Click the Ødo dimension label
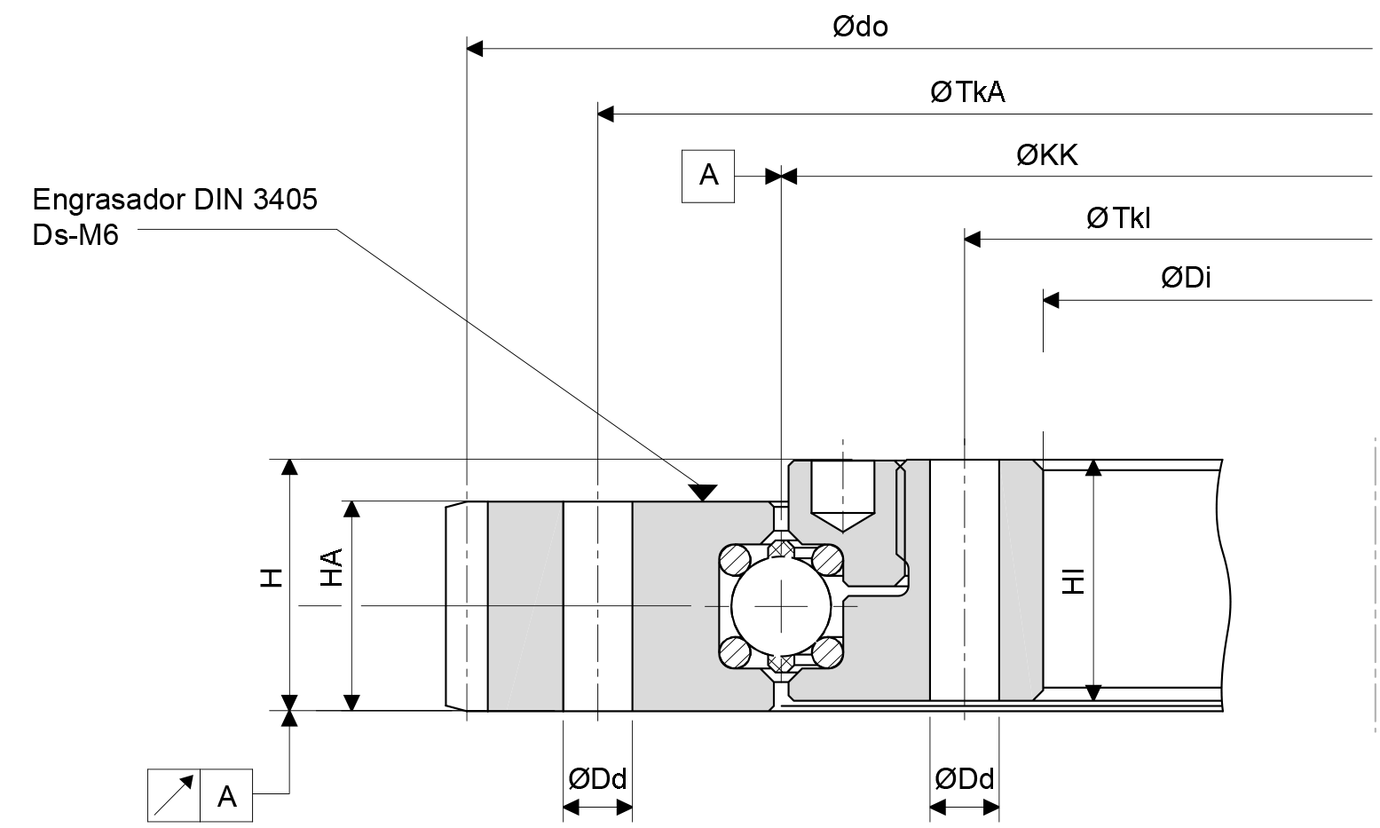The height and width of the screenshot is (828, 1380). (x=860, y=28)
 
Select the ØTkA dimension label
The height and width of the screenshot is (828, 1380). (x=967, y=93)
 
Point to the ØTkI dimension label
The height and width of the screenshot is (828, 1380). (x=1118, y=218)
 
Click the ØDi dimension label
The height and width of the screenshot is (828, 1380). (x=1186, y=279)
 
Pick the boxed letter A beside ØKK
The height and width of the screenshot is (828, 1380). (x=708, y=176)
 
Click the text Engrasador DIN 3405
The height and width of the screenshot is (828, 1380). (x=174, y=200)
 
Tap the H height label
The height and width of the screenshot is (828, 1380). (x=272, y=579)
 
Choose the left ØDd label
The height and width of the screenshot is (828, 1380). (x=597, y=779)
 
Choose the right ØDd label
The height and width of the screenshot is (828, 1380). (x=964, y=779)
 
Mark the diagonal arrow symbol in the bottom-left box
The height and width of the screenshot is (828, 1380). (x=174, y=795)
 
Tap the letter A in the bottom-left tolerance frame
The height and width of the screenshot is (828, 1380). (x=227, y=796)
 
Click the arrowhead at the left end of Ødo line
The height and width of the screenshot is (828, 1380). (x=475, y=48)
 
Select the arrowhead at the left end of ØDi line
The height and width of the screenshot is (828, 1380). (x=1051, y=301)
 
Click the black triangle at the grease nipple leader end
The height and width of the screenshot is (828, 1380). (x=704, y=492)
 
